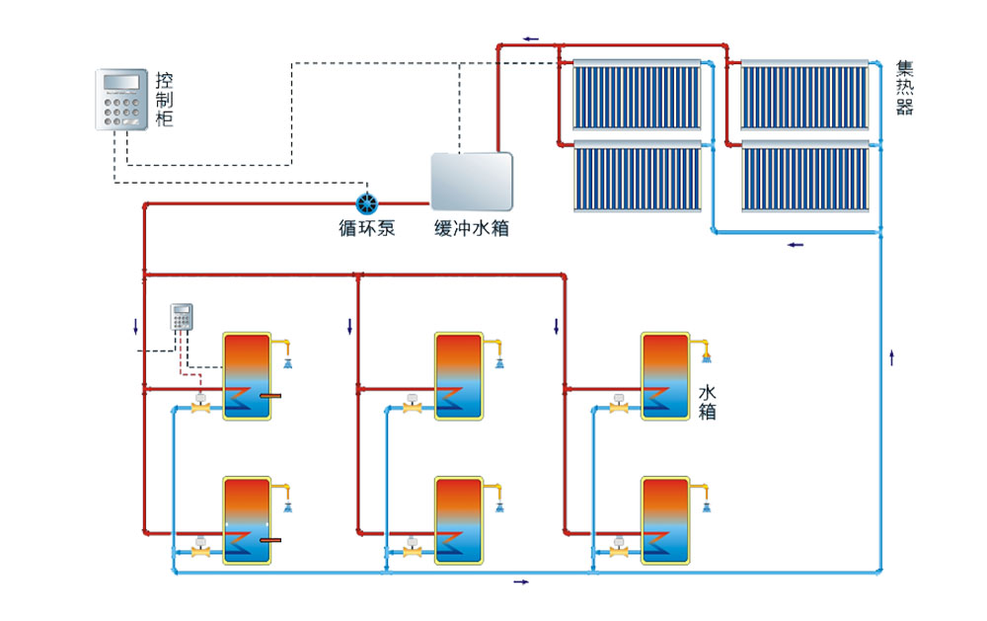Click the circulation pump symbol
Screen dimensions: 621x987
click(x=367, y=203)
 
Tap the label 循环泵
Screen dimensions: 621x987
click(x=367, y=229)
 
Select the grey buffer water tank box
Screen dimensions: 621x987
click(x=472, y=180)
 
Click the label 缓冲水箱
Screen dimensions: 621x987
click(x=472, y=229)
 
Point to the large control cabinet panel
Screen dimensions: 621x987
click(x=123, y=100)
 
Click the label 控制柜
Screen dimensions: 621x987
click(x=165, y=99)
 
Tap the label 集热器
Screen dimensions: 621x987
click(x=904, y=88)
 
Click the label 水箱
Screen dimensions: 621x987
click(x=707, y=401)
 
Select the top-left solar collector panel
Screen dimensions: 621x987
click(x=638, y=96)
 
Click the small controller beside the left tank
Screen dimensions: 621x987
click(x=182, y=316)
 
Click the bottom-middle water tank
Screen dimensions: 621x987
click(x=459, y=519)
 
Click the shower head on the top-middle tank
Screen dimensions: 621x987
click(x=500, y=362)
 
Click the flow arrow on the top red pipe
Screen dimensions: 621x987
click(x=531, y=39)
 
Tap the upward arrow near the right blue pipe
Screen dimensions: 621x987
click(x=891, y=357)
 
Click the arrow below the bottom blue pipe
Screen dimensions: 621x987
click(x=520, y=582)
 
